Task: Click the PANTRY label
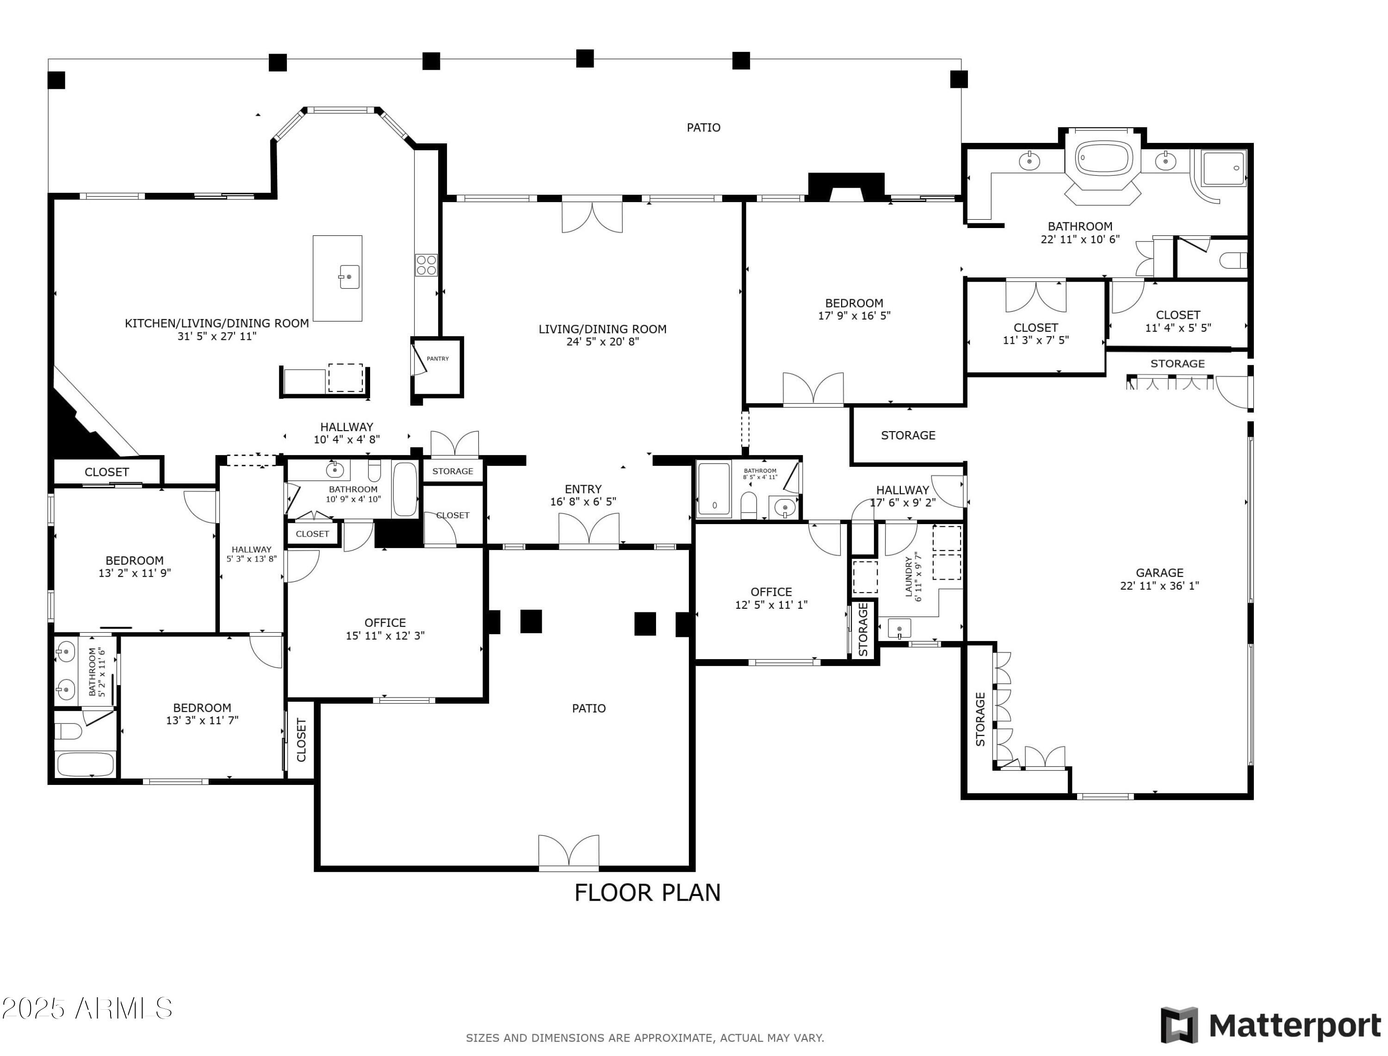438,359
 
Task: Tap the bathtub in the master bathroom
1104,158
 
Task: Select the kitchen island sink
349,277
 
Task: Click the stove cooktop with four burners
426,265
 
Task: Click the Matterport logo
1270,1025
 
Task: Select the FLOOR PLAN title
647,893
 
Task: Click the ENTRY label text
583,489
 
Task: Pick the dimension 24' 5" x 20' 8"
602,342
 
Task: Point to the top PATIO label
703,128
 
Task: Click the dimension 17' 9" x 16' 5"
854,315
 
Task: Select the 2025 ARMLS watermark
87,1009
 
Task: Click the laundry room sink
899,628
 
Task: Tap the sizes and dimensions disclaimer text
644,1038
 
